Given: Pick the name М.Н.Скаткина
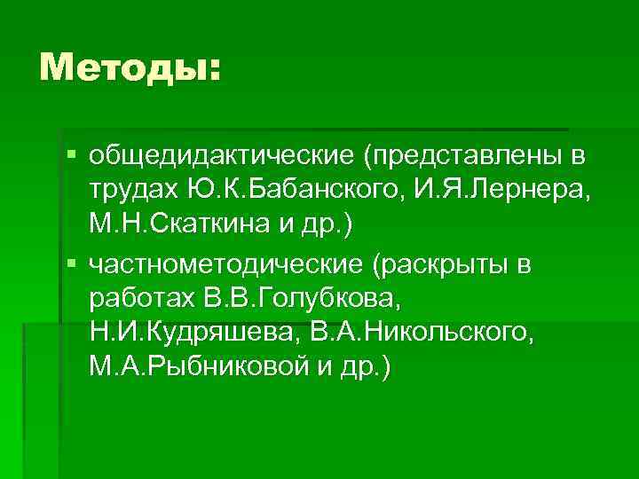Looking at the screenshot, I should pyautogui.click(x=199, y=224).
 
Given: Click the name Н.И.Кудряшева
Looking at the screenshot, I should pyautogui.click(x=196, y=333).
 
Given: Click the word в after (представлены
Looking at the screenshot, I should pyautogui.click(x=578, y=156).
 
